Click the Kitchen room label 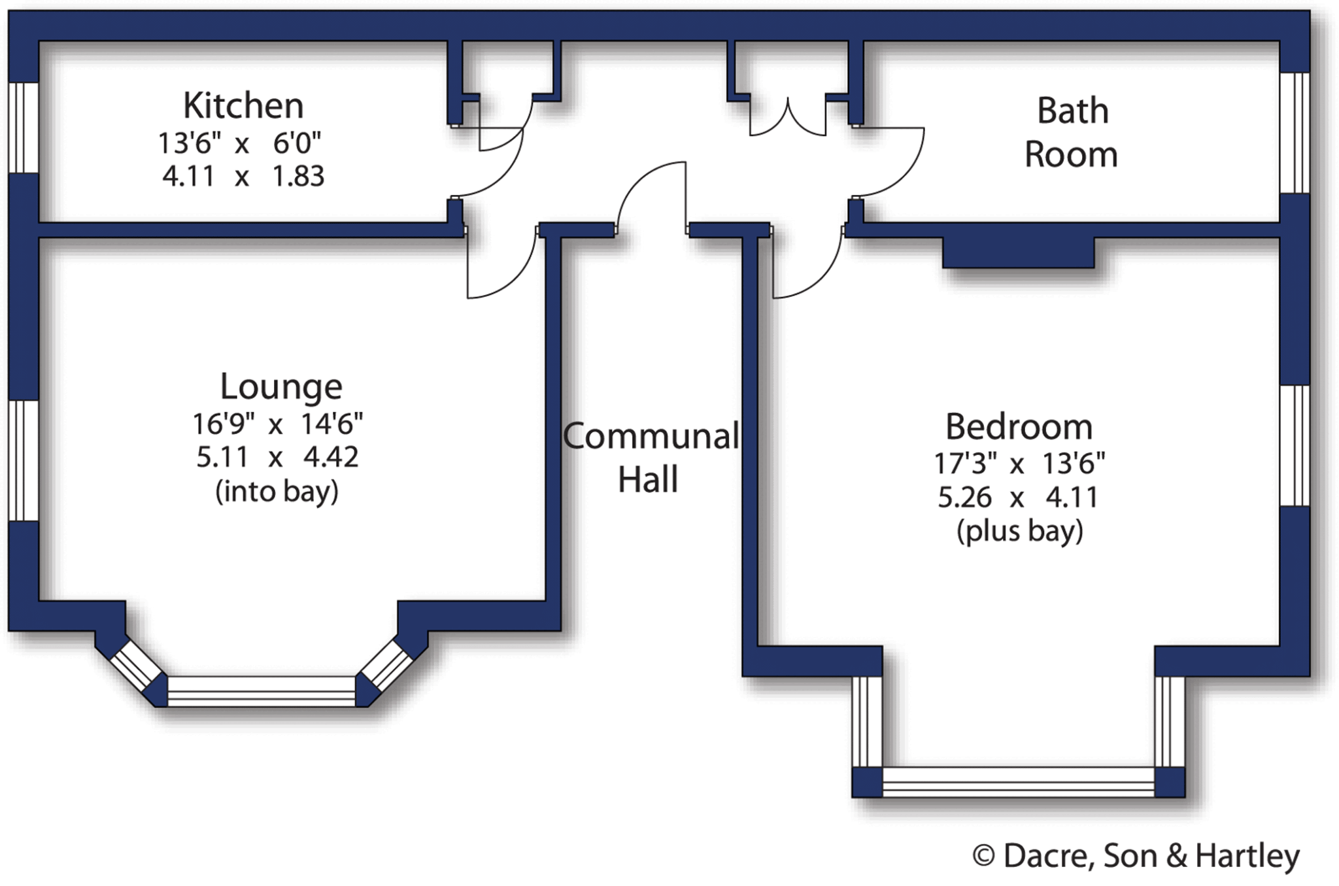point(243,106)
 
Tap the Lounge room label point(281,386)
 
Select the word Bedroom point(1019,427)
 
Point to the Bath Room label point(1072,133)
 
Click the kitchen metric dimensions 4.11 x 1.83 point(243,177)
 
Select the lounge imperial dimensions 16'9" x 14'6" point(277,424)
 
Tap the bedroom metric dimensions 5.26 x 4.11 point(1018,498)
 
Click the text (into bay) point(277,492)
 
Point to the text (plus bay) point(1019,531)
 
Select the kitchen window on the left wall point(24,128)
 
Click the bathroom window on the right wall point(1295,133)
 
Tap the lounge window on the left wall point(24,460)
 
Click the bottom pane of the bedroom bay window point(1018,782)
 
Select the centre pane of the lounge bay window point(262,691)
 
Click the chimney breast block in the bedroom point(1018,253)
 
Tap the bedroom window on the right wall point(1295,445)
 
